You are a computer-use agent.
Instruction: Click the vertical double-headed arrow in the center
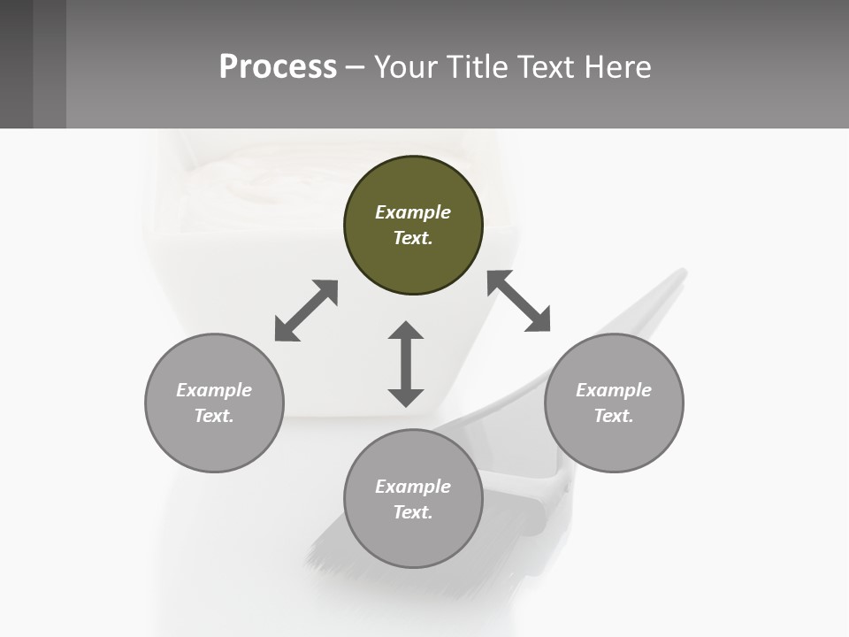406,364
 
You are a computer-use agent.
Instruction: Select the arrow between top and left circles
306,311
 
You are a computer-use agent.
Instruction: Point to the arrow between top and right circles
518,301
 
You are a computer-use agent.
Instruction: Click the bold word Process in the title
278,66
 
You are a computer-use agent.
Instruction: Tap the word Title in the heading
476,66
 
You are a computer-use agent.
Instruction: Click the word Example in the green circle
413,212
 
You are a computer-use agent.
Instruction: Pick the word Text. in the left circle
214,416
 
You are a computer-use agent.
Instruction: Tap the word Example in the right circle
614,390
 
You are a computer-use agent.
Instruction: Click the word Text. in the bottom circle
413,512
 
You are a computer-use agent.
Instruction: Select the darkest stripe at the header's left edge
16,64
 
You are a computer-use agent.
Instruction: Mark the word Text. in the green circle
413,238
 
